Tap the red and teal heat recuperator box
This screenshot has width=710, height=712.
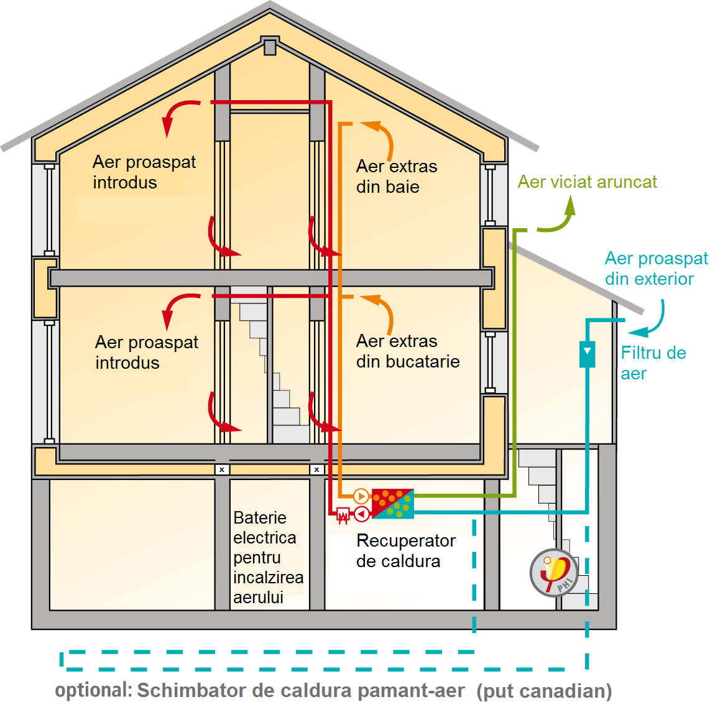click(392, 504)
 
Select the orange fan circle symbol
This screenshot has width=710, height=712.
click(361, 496)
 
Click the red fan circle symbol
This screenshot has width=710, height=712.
click(361, 514)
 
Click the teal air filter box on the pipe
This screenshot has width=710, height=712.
click(587, 354)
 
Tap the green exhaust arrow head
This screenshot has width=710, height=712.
click(569, 206)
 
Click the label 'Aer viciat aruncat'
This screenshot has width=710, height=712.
click(587, 182)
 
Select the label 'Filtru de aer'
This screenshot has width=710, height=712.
click(653, 363)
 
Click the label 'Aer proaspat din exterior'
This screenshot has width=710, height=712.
click(656, 269)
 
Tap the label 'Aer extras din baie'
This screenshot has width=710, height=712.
click(396, 177)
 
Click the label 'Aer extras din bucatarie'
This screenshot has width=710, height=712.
click(407, 351)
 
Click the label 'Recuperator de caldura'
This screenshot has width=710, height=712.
click(405, 551)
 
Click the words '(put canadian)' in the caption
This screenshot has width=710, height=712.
click(544, 691)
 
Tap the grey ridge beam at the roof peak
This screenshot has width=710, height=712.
click(269, 47)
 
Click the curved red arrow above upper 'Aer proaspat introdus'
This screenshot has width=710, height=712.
click(177, 115)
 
